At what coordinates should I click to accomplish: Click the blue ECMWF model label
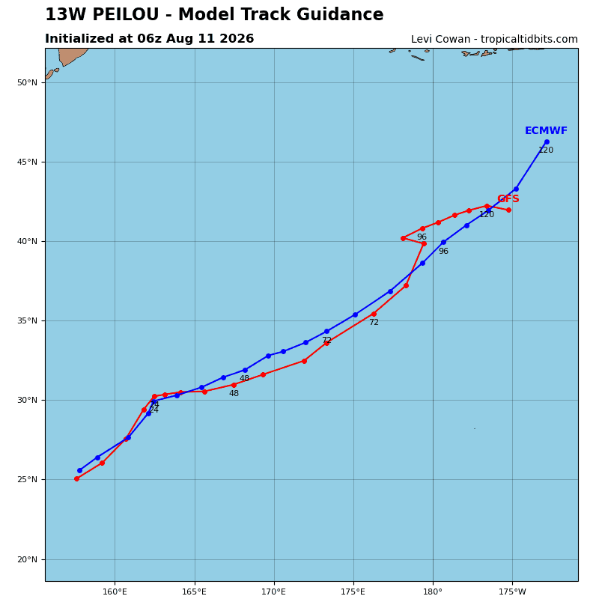546,130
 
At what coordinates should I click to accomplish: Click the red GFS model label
508,198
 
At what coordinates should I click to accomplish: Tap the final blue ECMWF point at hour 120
547,142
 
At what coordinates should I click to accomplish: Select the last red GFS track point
508,210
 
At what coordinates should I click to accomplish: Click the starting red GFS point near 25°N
77,478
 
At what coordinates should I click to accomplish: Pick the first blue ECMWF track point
79,471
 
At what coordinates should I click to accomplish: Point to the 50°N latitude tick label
27,82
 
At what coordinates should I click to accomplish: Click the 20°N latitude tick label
27,559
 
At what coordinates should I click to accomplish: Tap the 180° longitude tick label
434,592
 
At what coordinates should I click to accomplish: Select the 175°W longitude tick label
512,592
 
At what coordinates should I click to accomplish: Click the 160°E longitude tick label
115,592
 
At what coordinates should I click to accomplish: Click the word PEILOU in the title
125,14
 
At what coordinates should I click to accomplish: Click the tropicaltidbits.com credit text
529,40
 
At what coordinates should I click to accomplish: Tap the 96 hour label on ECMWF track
443,252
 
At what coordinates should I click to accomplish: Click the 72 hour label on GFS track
374,323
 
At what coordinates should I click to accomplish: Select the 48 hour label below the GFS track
234,394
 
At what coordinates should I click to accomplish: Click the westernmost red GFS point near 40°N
404,238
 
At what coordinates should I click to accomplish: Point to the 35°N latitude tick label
27,321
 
